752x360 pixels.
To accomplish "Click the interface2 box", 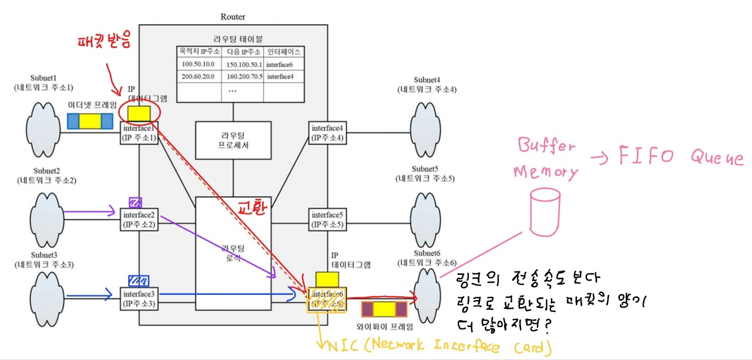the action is click(x=139, y=219).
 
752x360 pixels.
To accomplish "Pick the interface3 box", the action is click(x=139, y=299).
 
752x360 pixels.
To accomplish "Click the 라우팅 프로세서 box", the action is click(x=233, y=140).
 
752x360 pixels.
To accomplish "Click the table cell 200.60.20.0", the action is click(x=198, y=76).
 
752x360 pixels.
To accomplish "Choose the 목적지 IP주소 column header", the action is click(x=198, y=52).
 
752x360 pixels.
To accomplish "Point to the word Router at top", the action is click(x=233, y=17).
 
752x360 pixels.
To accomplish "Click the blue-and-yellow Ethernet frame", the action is click(x=90, y=121).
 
